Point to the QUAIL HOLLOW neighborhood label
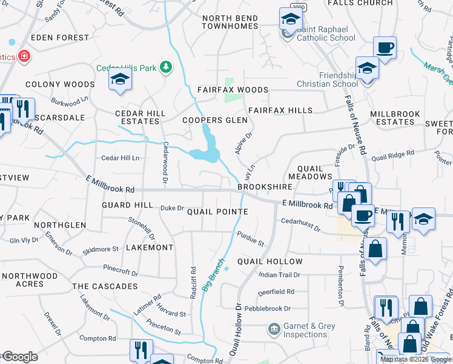[x=270, y=261]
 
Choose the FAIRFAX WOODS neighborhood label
[x=233, y=90]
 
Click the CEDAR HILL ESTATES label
[x=141, y=117]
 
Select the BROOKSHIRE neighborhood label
[x=261, y=187]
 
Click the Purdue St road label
[x=251, y=238]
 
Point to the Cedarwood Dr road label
[x=165, y=162]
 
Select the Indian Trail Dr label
[x=279, y=275]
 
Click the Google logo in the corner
[x=19, y=357]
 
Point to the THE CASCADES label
[x=105, y=286]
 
